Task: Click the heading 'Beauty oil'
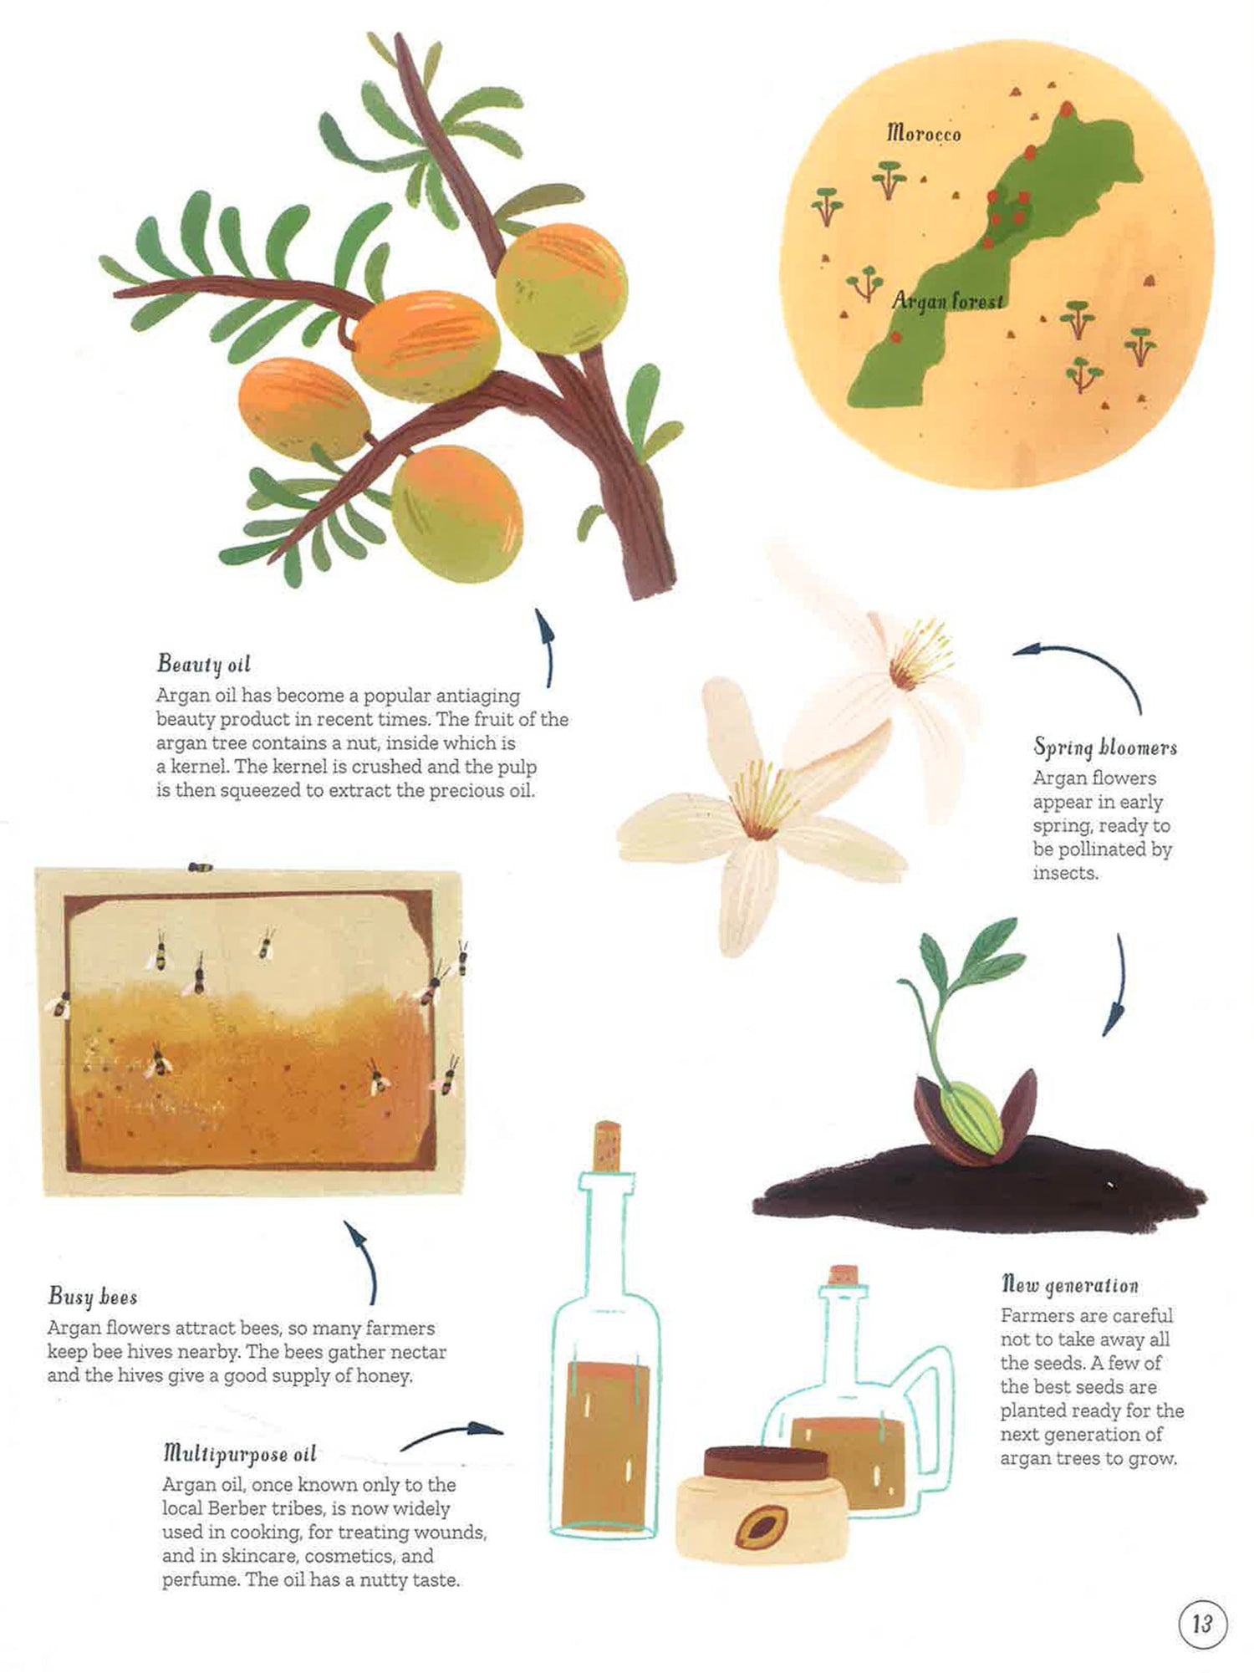[203, 664]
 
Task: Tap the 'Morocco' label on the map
[924, 133]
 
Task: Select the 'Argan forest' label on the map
[947, 300]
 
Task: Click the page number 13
[1202, 1625]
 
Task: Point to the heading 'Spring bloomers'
[1104, 747]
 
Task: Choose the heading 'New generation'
[1069, 1284]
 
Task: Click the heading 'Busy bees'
[92, 1297]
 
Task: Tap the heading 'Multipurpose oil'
[239, 1454]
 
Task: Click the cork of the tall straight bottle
[606, 1146]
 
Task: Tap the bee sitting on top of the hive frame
[200, 867]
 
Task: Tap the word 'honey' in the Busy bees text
[387, 1375]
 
